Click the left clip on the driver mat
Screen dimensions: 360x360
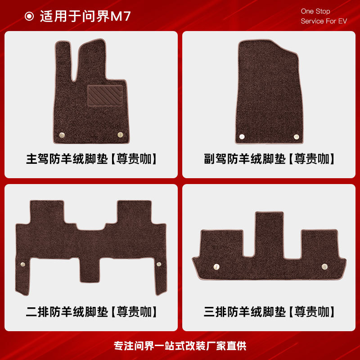62,135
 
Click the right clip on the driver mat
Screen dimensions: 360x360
120,135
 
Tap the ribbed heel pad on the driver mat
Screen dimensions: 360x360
105,95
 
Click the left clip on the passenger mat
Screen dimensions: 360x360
242,136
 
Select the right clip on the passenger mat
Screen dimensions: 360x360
297,136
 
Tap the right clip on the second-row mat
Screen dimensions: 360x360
158,264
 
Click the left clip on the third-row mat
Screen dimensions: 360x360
216,266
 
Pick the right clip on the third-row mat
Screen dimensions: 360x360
324,266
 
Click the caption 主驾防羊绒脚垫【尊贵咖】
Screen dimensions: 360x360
92,159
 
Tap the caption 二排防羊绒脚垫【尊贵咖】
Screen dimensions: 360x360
92,311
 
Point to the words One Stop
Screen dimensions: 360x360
315,11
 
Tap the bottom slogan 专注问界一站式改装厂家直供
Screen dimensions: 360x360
180,346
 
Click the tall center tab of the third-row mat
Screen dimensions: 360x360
269,234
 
